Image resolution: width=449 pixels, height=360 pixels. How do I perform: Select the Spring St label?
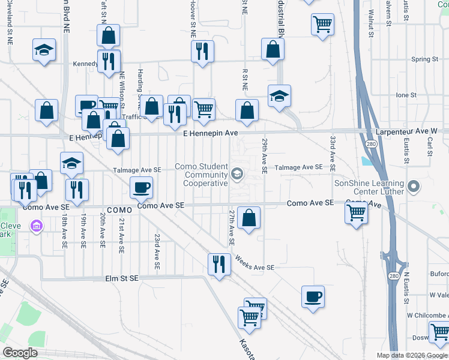[x=425, y=59]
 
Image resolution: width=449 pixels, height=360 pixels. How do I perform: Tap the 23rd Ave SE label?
[x=157, y=251]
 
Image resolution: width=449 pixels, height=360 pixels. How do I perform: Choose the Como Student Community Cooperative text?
[x=201, y=174]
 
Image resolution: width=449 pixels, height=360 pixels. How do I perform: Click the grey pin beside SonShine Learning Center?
[x=412, y=187]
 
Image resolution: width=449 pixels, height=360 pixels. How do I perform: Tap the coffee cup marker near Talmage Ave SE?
[x=142, y=187]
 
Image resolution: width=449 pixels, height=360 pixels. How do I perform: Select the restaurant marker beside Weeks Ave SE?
[x=219, y=264]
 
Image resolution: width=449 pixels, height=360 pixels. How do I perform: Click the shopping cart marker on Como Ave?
[x=357, y=212]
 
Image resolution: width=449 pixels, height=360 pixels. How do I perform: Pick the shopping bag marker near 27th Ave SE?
[x=249, y=217]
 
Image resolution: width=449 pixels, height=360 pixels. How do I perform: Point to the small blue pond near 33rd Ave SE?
[x=366, y=161]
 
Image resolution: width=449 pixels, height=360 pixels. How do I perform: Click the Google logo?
[x=20, y=353]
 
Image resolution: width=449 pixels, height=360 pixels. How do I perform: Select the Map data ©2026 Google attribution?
[x=412, y=355]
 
